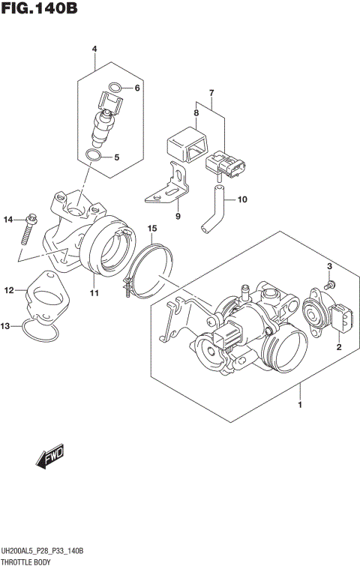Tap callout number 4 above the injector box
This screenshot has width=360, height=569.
(94, 50)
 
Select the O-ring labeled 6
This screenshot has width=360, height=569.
(115, 88)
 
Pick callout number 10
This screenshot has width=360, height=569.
(241, 200)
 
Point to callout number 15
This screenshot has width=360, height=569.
(151, 228)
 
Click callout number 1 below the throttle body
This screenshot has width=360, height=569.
(300, 405)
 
